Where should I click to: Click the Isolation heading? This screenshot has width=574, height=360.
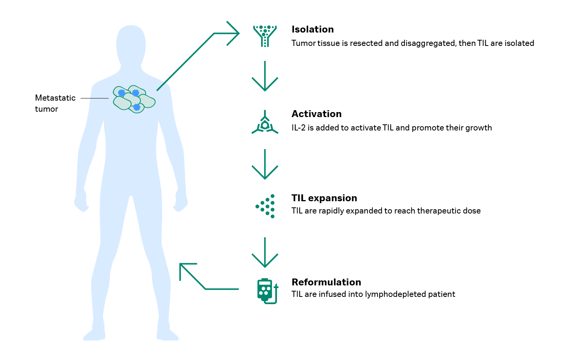click(x=312, y=29)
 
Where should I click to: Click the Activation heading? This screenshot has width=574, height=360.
click(x=316, y=114)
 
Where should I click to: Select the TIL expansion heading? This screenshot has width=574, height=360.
click(x=324, y=198)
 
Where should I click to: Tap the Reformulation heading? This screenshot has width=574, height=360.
click(x=326, y=282)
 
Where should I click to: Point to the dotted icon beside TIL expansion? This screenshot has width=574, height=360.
click(x=266, y=206)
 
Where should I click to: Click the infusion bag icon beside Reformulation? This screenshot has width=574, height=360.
click(x=266, y=291)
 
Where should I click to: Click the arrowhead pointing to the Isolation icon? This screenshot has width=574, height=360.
click(x=234, y=33)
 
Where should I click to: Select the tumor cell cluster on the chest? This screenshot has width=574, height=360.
click(x=133, y=99)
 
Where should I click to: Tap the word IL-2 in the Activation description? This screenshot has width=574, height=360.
click(x=298, y=128)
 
